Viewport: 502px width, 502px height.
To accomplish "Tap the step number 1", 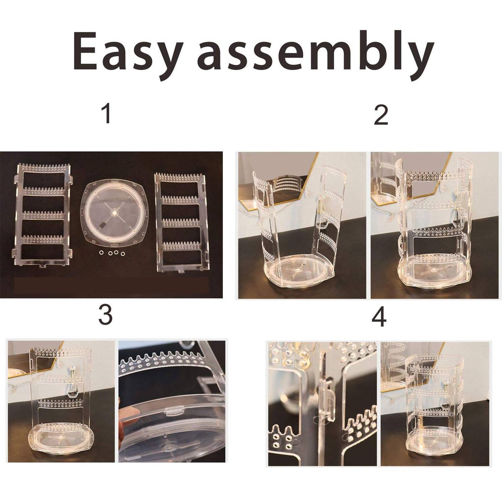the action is [x=107, y=114].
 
